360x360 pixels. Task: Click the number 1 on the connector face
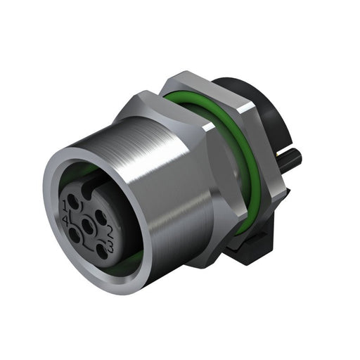click(x=67, y=205)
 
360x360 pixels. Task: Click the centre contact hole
click(x=87, y=226)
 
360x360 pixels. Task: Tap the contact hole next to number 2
click(x=100, y=214)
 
